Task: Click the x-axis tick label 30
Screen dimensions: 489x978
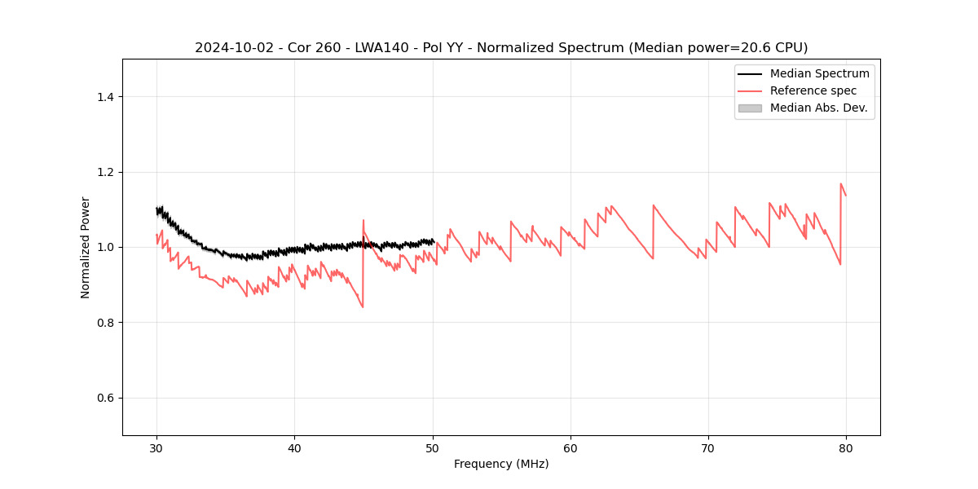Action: pyautogui.click(x=156, y=447)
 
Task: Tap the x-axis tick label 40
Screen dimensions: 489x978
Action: pyautogui.click(x=294, y=447)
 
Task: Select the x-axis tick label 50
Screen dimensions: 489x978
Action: pyautogui.click(x=433, y=447)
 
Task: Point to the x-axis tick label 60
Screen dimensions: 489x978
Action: pyautogui.click(x=570, y=447)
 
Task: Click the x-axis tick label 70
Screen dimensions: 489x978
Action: pyautogui.click(x=708, y=447)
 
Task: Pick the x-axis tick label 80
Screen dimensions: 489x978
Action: pyautogui.click(x=846, y=447)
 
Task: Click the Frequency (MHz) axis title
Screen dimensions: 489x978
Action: pyautogui.click(x=501, y=464)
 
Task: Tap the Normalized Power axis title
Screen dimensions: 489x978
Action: pyautogui.click(x=85, y=247)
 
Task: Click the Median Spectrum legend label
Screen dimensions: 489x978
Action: pyautogui.click(x=819, y=73)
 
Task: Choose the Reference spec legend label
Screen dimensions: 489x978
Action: pyautogui.click(x=813, y=90)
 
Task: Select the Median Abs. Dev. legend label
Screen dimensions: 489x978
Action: pyautogui.click(x=818, y=108)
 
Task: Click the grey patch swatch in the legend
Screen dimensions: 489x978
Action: pyautogui.click(x=750, y=108)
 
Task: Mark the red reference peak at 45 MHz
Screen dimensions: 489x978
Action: pyautogui.click(x=363, y=220)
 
